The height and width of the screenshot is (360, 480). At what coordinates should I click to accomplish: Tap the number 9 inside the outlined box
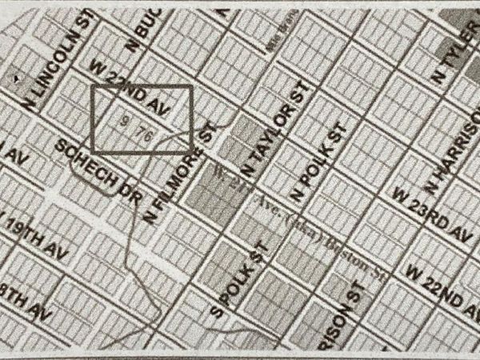[x=127, y=122]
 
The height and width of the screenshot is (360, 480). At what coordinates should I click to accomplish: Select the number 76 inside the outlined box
[x=145, y=136]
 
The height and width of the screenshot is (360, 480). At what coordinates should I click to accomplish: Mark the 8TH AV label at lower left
[x=18, y=291]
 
